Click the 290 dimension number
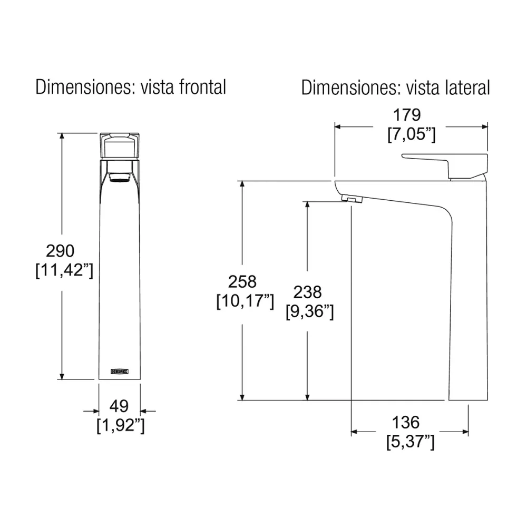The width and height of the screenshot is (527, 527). tap(60, 251)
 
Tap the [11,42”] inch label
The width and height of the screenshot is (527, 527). tap(64, 270)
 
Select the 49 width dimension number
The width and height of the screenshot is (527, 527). tap(119, 406)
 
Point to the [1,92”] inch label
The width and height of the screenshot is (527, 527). tap(121, 425)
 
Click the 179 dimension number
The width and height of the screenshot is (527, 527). tap(407, 115)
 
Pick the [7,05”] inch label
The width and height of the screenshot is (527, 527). tap(412, 134)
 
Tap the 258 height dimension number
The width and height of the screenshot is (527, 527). tap(242, 281)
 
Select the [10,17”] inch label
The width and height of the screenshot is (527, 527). tap(246, 301)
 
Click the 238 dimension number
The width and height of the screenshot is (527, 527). tap(308, 292)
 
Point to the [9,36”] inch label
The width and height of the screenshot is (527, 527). tap(309, 311)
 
